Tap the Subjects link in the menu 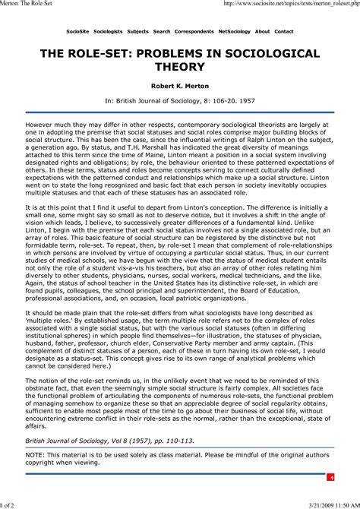click(x=138, y=32)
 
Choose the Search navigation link click(x=162, y=32)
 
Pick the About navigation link click(x=263, y=32)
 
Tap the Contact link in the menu click(x=284, y=32)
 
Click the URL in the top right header click(x=292, y=5)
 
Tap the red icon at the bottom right click(x=332, y=476)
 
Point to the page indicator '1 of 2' click(x=11, y=503)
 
